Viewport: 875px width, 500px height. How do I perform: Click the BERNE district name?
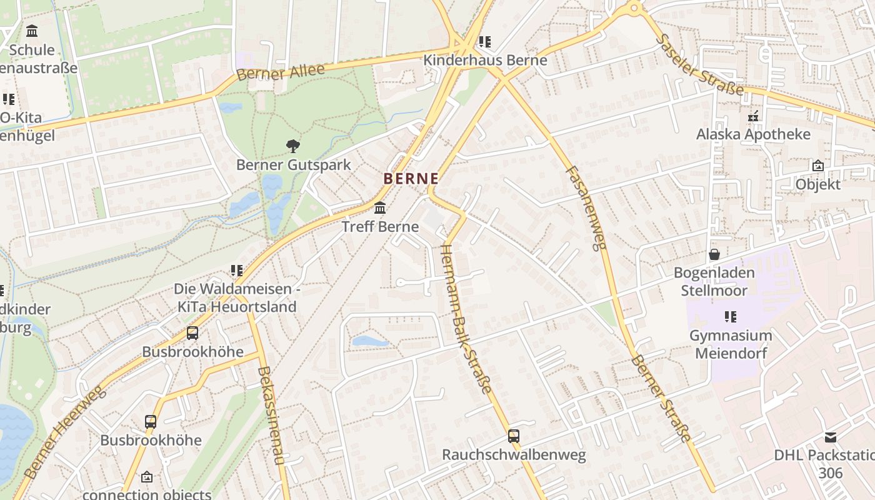point(411,179)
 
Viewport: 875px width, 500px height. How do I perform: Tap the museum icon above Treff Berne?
point(379,208)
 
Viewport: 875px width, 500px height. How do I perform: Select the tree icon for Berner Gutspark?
point(292,147)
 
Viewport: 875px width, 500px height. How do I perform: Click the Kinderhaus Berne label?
point(485,61)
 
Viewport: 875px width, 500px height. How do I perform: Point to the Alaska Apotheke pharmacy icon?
point(753,116)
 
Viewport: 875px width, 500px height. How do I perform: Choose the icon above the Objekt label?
point(817,166)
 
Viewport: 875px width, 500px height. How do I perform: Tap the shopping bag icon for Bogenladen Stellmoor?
point(714,254)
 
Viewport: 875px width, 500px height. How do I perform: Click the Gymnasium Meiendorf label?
point(731,344)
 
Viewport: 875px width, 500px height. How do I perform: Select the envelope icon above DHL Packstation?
point(830,437)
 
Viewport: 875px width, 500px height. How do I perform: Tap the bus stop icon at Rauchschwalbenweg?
point(513,436)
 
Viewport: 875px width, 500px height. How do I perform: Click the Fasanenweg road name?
point(586,207)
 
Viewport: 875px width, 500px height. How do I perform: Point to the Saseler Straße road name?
point(699,64)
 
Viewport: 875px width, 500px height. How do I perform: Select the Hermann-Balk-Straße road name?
point(466,318)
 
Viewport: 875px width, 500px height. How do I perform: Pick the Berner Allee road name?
point(281,72)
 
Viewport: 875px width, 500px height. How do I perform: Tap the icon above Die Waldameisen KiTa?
point(236,271)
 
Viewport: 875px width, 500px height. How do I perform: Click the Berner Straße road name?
point(661,398)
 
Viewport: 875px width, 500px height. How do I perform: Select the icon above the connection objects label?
point(146,477)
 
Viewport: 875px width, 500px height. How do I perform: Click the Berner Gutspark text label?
point(293,165)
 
